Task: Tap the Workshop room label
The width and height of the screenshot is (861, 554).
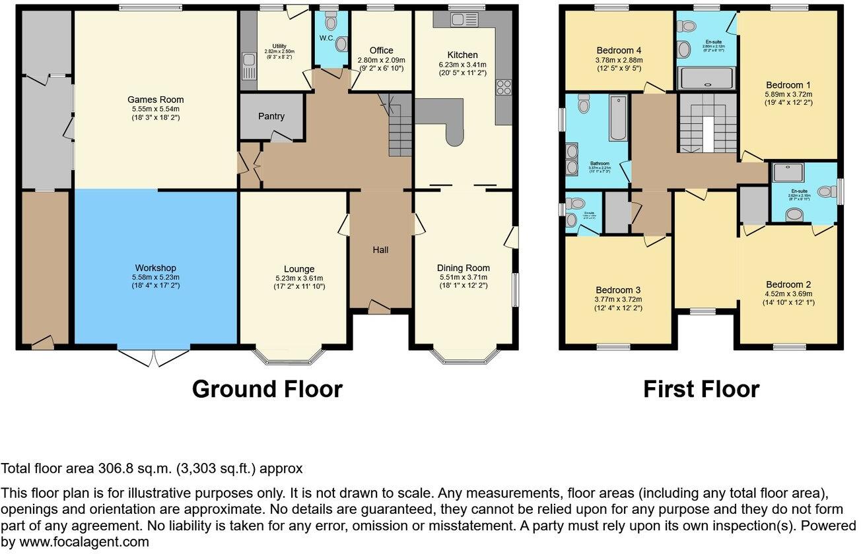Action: point(156,268)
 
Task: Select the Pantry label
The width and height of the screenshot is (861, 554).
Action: point(271,116)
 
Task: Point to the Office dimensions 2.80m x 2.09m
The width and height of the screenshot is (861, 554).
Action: point(381,60)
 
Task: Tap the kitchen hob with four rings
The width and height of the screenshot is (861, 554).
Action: point(504,88)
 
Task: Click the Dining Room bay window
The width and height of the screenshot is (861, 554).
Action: point(463,356)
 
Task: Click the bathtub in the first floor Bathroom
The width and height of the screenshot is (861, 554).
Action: point(618,118)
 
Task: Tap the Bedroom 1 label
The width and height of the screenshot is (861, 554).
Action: point(788,85)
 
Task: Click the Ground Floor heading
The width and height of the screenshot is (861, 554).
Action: point(267,389)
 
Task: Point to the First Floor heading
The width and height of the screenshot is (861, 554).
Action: point(701,389)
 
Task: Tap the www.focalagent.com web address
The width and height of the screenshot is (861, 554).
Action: point(75,542)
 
